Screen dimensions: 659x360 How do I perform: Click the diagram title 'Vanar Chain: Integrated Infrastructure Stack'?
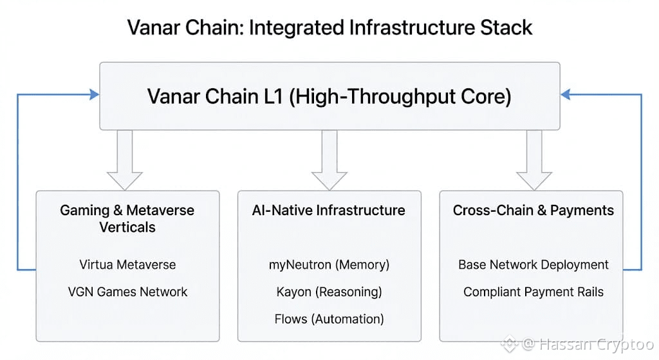click(330, 28)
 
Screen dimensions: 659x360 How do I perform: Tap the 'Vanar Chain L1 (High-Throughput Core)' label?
click(329, 97)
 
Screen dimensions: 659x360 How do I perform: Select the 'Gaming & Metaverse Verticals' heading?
click(127, 218)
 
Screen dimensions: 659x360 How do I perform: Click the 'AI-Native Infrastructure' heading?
click(329, 210)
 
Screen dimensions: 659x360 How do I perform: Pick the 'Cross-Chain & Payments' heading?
click(534, 210)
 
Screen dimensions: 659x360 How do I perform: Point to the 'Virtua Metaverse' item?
click(128, 265)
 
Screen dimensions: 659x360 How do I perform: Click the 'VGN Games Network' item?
click(128, 292)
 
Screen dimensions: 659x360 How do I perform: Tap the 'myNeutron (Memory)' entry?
click(329, 265)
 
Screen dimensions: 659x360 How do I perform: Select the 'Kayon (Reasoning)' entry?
click(329, 292)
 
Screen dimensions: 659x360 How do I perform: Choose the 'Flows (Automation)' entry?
click(329, 319)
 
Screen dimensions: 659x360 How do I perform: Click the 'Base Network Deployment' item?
click(534, 265)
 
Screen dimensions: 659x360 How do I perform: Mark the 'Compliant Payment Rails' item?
click(534, 292)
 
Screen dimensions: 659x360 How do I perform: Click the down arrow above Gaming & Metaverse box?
click(125, 160)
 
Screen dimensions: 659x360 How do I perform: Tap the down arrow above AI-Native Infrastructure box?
click(329, 160)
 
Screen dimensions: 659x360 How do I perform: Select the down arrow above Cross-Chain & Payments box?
click(534, 160)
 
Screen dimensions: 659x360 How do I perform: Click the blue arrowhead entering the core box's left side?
click(95, 95)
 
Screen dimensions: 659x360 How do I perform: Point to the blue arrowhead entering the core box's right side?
click(566, 95)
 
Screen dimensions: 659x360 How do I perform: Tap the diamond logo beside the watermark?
click(510, 344)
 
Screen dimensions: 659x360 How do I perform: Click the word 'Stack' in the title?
click(506, 28)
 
